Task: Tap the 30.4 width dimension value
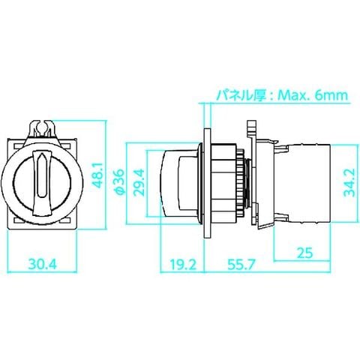43,264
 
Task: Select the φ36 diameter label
118,181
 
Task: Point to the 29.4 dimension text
139,182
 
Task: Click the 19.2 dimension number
183,265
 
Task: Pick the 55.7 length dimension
241,265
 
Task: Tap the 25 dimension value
304,253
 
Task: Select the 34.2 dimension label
349,182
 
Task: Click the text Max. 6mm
313,95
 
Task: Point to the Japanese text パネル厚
241,95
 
